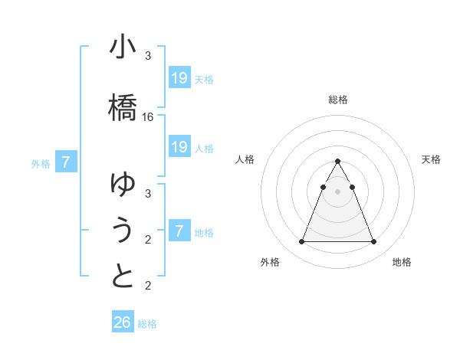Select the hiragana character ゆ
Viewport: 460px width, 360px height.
coord(123,184)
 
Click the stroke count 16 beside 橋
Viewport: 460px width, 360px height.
coord(148,117)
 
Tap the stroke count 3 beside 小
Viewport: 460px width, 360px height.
coord(148,56)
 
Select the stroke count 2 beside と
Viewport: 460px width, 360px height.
coord(148,286)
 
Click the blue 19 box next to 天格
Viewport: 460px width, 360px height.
coord(179,78)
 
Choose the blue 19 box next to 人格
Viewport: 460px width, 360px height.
coord(179,147)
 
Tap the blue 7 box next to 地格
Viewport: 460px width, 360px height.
coord(179,231)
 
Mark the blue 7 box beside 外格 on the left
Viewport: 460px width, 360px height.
coord(66,162)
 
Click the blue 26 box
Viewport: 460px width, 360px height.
coord(123,322)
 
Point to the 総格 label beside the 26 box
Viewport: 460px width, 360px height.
coord(147,324)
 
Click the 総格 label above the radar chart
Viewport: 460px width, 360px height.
coord(337,100)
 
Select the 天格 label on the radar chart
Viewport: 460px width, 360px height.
coord(431,159)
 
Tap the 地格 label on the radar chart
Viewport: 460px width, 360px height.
coord(402,262)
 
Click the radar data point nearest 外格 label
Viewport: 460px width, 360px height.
coord(301,242)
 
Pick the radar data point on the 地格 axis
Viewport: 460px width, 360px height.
coord(373,242)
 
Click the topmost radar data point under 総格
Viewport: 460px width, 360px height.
coord(337,161)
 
